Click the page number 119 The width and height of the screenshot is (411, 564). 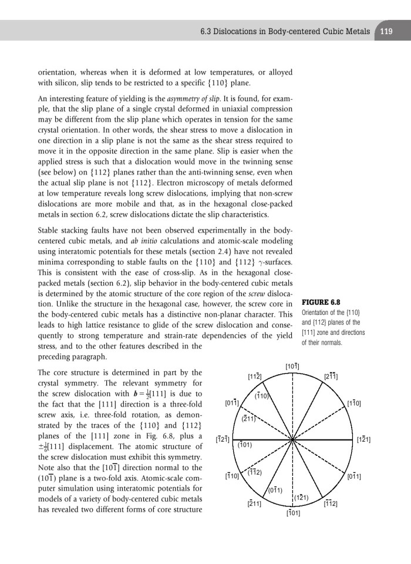(x=386, y=31)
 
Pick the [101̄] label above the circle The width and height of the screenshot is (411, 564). (x=292, y=367)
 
